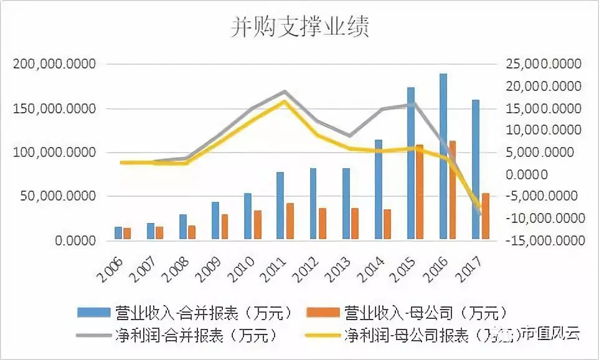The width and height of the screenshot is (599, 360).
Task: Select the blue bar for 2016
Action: click(443, 156)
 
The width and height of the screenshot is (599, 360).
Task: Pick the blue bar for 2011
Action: click(280, 206)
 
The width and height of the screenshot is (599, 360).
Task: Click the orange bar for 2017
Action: click(485, 216)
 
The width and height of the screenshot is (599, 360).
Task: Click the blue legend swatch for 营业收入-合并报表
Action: click(94, 311)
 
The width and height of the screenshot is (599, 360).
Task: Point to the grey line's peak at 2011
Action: click(284, 92)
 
